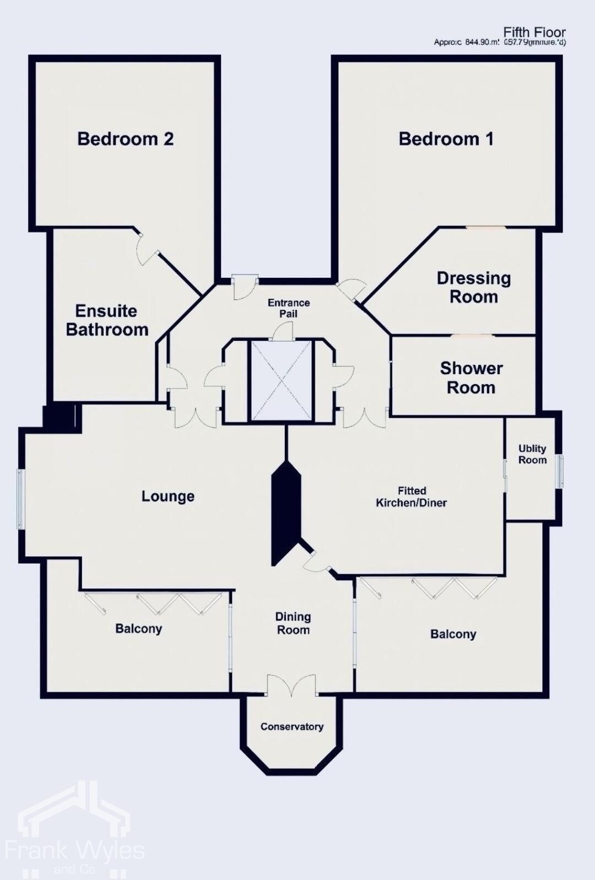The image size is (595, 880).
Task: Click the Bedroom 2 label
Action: coord(125,139)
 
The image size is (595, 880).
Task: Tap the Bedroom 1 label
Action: coord(446,139)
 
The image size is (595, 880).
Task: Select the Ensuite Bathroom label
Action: coord(107,320)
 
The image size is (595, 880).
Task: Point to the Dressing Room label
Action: coord(473,287)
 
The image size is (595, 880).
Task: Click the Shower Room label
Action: coord(471,377)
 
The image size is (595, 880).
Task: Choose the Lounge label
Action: coord(167,496)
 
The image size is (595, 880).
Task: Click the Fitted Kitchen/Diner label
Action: coord(411,496)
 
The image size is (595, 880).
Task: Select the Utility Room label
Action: coord(532,454)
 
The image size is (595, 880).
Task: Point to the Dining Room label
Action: coord(293,623)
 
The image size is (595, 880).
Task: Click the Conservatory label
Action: coord(291,726)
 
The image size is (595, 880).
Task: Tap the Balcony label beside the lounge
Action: coord(138,628)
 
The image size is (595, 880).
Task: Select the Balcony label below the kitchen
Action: coord(453,634)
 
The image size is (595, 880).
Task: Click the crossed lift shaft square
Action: coord(281,380)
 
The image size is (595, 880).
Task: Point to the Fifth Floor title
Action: coord(534,33)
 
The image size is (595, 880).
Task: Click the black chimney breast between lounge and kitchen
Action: coord(285,512)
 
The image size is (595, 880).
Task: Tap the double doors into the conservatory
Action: coord(292,687)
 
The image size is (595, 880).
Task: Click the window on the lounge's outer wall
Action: coord(20,499)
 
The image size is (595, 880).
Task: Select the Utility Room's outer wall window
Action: coord(560,471)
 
